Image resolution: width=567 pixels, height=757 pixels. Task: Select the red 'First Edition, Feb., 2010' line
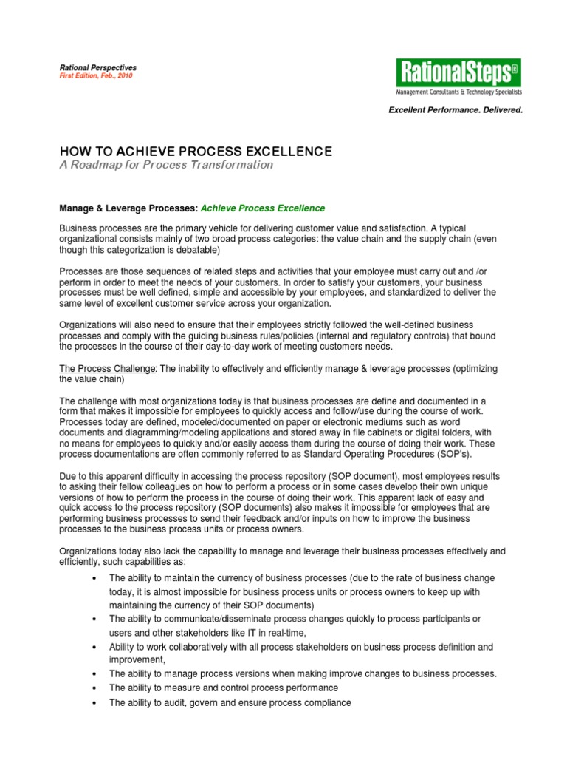tap(95, 76)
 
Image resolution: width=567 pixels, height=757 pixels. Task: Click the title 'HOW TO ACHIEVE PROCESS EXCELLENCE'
tap(195, 152)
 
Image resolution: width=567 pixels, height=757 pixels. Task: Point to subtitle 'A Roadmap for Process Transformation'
tap(165, 165)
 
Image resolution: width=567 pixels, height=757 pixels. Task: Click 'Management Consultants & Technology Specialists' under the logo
tap(458, 92)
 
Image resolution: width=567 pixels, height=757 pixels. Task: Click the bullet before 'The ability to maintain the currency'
tap(90, 578)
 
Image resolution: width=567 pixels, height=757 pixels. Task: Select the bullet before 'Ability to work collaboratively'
tap(90, 647)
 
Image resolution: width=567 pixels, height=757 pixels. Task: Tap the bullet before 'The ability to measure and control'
tap(90, 688)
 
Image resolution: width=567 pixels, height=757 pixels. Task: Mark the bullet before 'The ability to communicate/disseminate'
tap(90, 619)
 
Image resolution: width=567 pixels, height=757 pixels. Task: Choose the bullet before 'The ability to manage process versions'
tap(90, 674)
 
